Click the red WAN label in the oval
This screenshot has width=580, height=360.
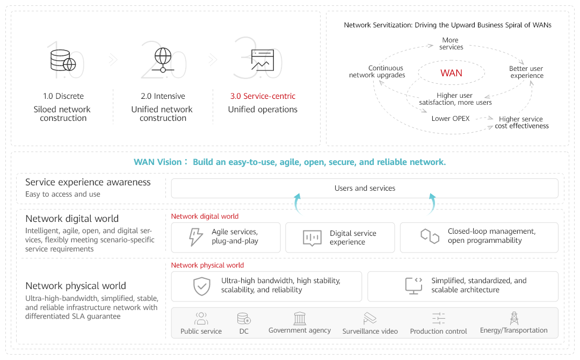[x=451, y=73]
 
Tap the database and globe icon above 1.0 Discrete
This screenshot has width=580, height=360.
[x=63, y=60]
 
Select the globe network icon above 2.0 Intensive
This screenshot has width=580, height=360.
[x=163, y=60]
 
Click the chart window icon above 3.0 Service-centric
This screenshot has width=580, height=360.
[x=262, y=60]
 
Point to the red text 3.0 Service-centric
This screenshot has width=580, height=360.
[x=263, y=96]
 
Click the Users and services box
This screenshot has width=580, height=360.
[x=364, y=188]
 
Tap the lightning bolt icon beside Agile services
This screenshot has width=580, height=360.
[x=195, y=237]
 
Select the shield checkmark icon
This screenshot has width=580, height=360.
[x=202, y=286]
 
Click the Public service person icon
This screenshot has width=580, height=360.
[x=201, y=318]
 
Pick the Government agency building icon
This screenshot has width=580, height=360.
[x=300, y=318]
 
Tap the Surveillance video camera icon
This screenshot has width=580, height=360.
[x=370, y=318]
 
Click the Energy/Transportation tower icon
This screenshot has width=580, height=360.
[x=514, y=318]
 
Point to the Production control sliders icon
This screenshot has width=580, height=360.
[x=438, y=318]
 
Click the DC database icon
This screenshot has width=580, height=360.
[x=244, y=318]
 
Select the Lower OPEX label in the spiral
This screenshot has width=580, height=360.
[x=450, y=119]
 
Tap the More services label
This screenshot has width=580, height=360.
[x=451, y=44]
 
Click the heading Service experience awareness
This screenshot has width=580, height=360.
[x=88, y=182]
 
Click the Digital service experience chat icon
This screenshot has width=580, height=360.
[x=312, y=238]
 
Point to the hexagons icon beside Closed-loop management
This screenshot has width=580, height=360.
[x=430, y=236]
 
